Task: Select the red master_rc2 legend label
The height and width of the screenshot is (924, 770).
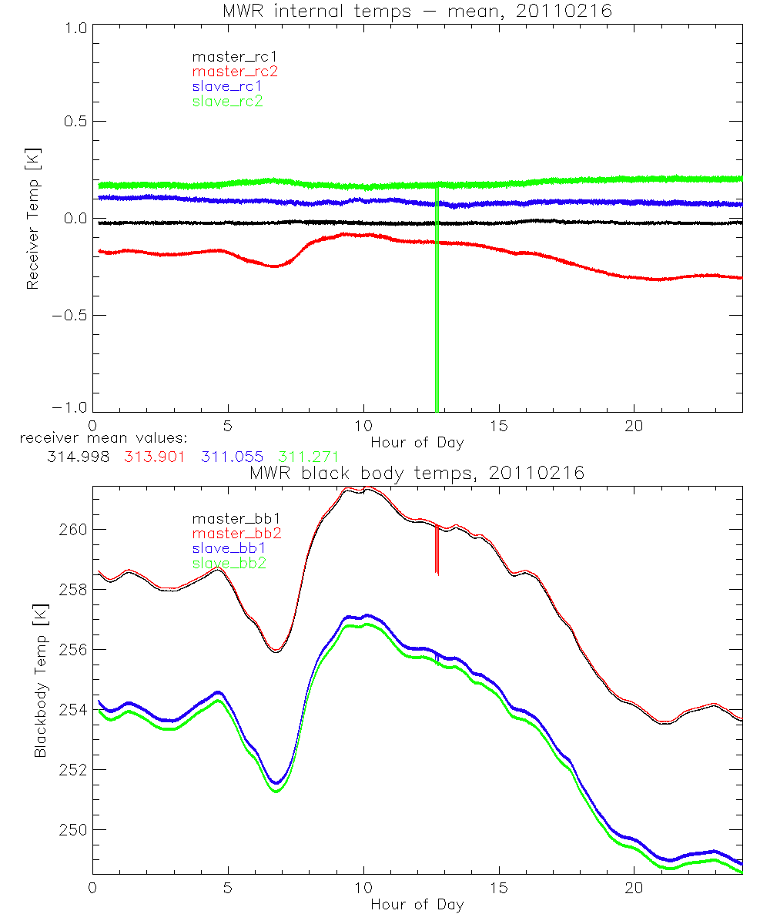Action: click(x=234, y=71)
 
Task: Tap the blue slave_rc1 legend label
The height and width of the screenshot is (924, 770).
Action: click(x=227, y=86)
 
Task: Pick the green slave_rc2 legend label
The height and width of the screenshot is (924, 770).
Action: click(x=227, y=101)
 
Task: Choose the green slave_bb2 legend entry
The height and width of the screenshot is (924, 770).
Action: click(x=230, y=564)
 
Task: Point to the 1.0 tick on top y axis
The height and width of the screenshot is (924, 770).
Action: click(x=74, y=28)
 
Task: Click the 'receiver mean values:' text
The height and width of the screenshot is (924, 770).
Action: click(x=109, y=438)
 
